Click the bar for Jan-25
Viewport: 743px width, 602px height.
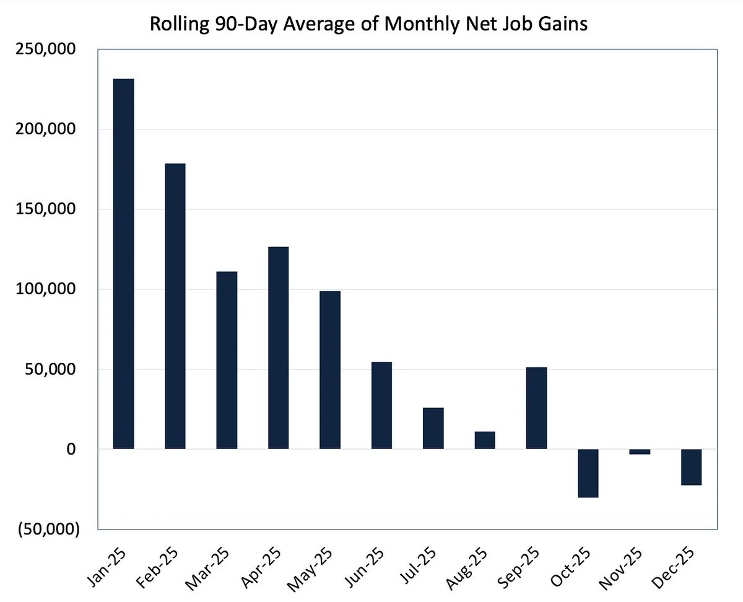point(123,264)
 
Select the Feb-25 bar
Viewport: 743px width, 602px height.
point(175,306)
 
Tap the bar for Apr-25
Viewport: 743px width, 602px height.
point(278,347)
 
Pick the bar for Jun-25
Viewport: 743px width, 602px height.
point(381,405)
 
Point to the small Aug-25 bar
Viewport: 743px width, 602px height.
point(485,440)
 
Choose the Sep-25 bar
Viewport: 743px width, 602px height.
point(536,408)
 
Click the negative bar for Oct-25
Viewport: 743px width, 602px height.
point(588,473)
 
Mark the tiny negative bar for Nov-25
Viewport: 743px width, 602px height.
point(640,451)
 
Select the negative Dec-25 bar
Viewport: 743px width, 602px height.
point(691,467)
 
